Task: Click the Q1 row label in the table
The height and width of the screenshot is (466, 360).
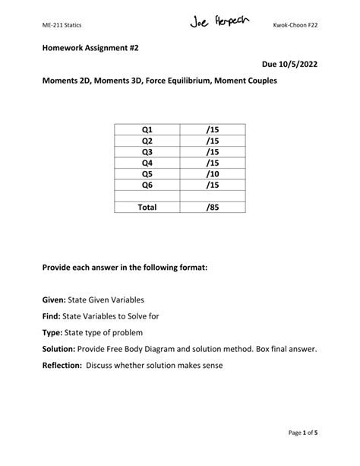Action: [x=147, y=131]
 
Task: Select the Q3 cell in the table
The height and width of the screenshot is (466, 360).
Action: [x=147, y=151]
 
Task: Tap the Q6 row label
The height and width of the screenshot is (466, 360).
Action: [x=147, y=184]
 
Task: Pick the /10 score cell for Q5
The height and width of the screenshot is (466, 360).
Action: [x=212, y=173]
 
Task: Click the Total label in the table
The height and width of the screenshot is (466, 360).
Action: [x=147, y=206]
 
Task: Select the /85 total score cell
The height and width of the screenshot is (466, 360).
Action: [x=212, y=206]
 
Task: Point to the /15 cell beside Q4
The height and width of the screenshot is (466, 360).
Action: [x=212, y=162]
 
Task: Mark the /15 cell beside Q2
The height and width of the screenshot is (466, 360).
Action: [x=212, y=141]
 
